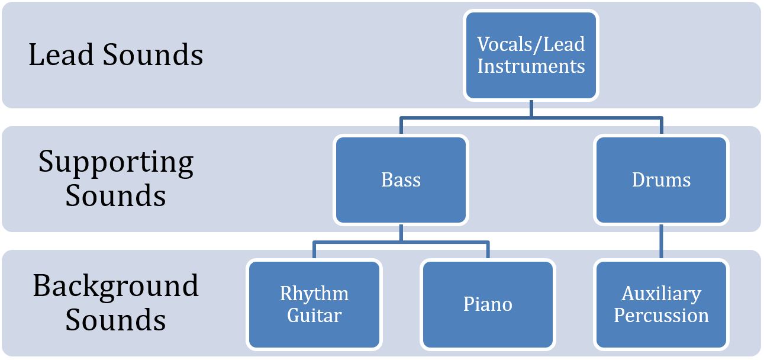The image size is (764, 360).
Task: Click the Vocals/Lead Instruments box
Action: click(531, 55)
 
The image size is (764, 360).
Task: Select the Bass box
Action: click(401, 180)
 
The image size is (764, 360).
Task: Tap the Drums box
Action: click(661, 180)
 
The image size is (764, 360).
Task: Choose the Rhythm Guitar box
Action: click(314, 304)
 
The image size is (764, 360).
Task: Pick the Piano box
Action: click(488, 304)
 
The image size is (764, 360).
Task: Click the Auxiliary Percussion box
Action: click(661, 304)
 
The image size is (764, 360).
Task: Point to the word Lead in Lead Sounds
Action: click(61, 55)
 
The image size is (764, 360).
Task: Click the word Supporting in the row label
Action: click(116, 162)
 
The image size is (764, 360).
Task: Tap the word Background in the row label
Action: click(116, 285)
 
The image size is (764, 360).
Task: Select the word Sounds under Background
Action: click(116, 320)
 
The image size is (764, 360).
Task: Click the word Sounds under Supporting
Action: click(116, 196)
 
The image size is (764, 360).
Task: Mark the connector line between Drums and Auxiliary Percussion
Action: click(661, 242)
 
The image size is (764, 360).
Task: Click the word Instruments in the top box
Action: click(531, 66)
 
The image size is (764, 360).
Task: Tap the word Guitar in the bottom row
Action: click(314, 316)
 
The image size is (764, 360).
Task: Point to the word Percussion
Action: click(661, 316)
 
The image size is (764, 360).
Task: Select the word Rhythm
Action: click(314, 294)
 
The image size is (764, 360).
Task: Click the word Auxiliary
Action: click(661, 294)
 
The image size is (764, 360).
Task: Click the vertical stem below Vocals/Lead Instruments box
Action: click(531, 108)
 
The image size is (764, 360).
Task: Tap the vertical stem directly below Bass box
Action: click(401, 233)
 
